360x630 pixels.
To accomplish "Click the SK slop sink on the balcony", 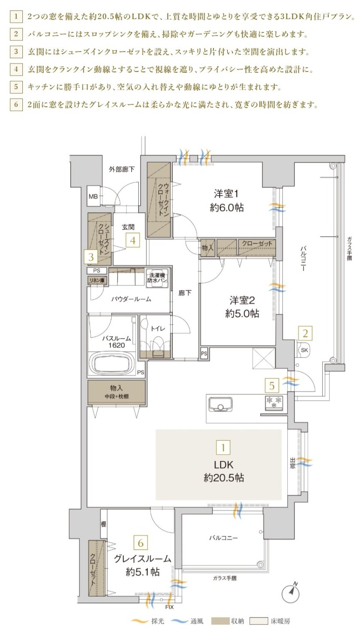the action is (x=304, y=350).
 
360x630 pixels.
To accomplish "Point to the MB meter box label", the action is (x=93, y=196).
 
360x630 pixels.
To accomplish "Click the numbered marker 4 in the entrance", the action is (x=133, y=241).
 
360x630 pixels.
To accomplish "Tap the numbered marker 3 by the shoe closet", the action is (x=91, y=257).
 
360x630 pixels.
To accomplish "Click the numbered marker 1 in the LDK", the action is (x=223, y=447).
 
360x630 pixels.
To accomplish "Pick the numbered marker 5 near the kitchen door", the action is (x=272, y=385).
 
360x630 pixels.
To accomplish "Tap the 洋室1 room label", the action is (x=226, y=194).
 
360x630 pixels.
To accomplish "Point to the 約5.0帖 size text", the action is (x=242, y=313).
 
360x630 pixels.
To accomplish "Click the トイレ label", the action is (x=158, y=328).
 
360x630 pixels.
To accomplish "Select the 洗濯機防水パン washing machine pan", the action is (x=157, y=278).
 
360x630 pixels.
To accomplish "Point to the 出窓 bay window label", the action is (x=292, y=463).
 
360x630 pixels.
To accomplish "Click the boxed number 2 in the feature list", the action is (x=16, y=34).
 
